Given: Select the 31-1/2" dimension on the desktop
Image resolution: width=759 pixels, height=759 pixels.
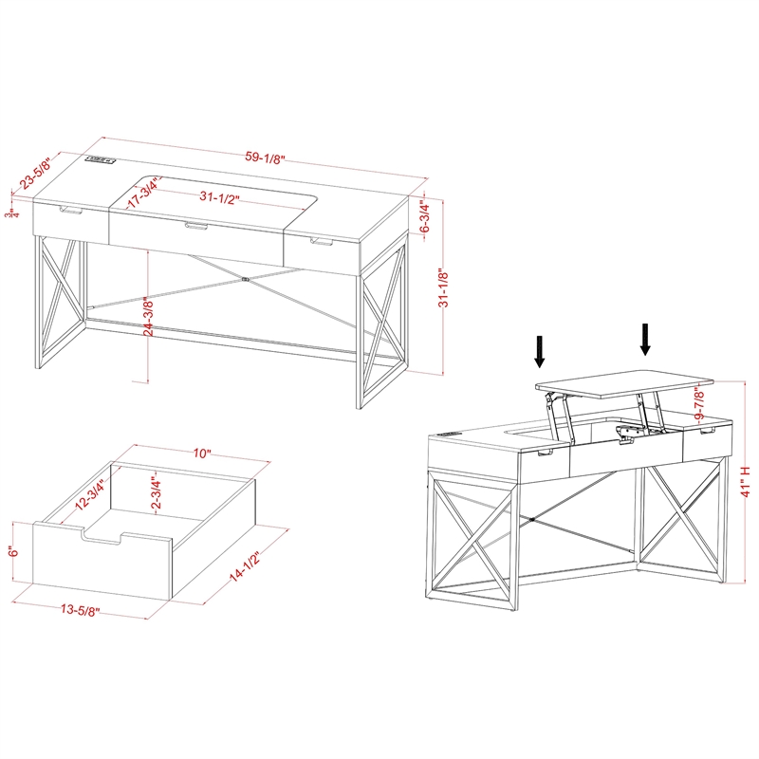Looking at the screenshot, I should coord(219,198).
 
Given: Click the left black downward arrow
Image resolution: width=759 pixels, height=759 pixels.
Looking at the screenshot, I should coord(540,350).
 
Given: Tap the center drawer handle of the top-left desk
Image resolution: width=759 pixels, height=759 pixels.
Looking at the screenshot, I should coord(196,226).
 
